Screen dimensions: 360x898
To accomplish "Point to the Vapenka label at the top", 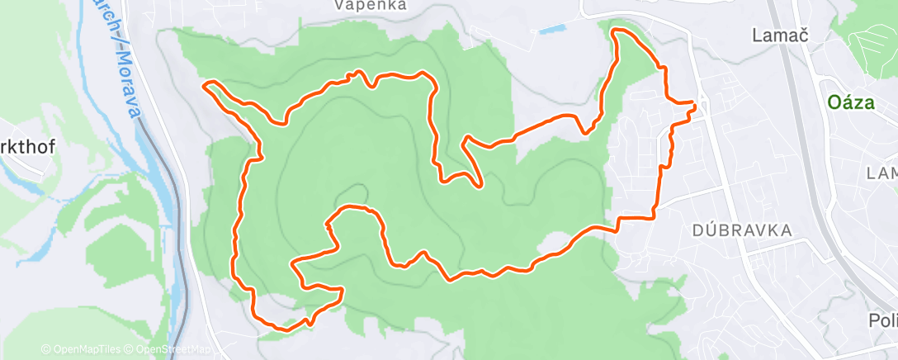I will (370, 5).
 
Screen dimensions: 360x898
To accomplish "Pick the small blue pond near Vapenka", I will (549, 31).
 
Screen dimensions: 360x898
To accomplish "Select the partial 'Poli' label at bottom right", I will (882, 320).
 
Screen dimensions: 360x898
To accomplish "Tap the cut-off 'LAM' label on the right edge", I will (881, 173).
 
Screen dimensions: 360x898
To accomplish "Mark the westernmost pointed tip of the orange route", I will (204, 84).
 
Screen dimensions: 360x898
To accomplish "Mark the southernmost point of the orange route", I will (285, 329).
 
